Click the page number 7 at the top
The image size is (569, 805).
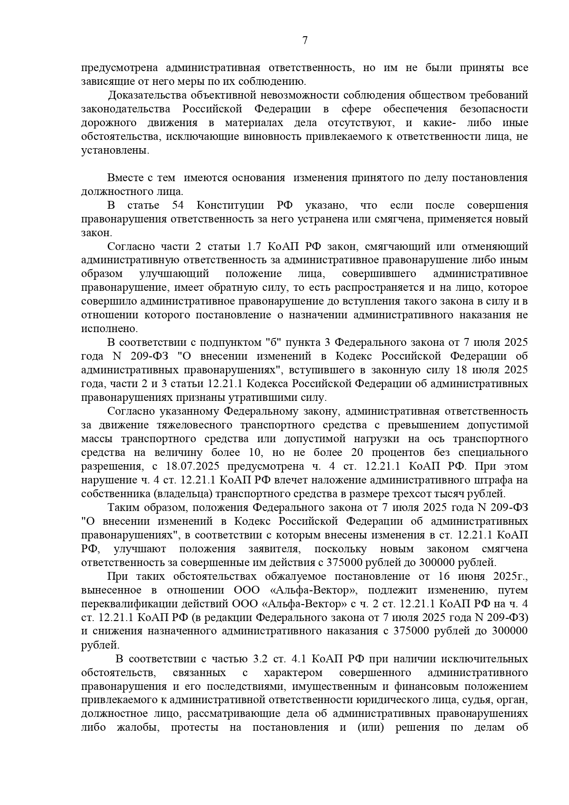pos(305,40)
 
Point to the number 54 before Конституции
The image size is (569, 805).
pos(178,205)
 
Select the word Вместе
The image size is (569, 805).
pos(123,178)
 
